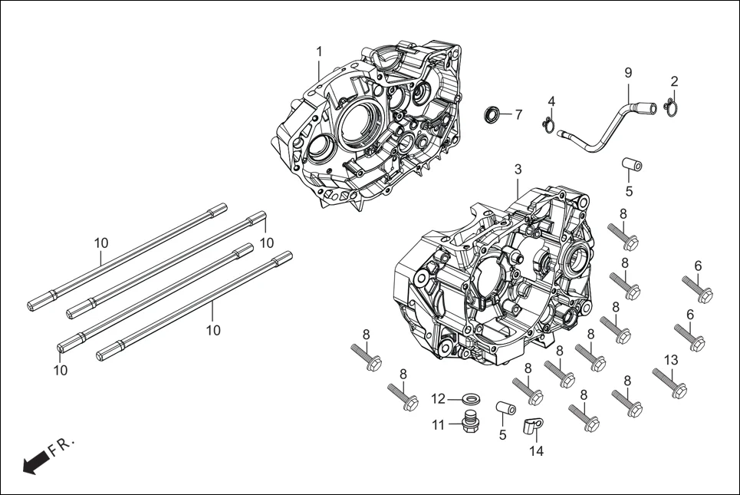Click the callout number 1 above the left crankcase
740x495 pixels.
[x=319, y=51]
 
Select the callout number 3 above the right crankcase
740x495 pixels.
[x=518, y=169]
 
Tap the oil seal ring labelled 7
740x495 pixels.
[x=491, y=115]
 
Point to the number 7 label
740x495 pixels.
[x=518, y=115]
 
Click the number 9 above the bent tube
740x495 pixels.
[x=628, y=73]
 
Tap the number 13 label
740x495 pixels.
[x=670, y=360]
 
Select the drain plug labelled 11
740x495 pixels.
[x=467, y=423]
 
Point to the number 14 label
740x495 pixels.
[x=536, y=452]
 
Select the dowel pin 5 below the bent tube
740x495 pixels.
[x=631, y=166]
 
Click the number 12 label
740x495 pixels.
[x=438, y=399]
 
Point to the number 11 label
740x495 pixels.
[x=438, y=424]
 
